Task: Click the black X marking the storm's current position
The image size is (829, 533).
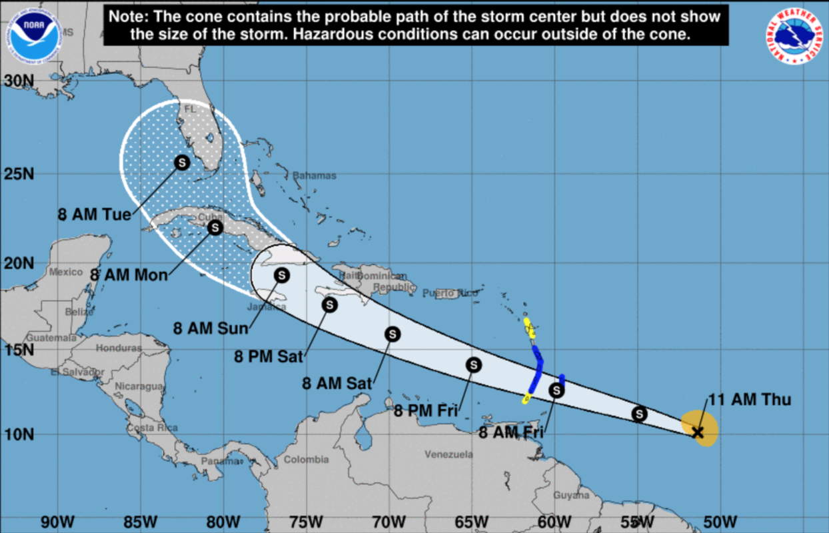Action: (x=698, y=432)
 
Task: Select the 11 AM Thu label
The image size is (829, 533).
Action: (x=748, y=400)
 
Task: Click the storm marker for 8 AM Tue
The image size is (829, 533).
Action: (x=182, y=162)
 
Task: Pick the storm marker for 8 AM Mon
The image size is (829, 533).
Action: (x=215, y=228)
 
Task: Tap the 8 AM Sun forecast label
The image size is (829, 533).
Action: (x=211, y=328)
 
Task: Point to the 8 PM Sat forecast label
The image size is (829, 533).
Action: (x=269, y=356)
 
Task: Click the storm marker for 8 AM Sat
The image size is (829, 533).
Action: (x=393, y=334)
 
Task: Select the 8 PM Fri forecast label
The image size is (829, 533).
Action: (x=425, y=411)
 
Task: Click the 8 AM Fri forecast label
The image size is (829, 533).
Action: (x=511, y=433)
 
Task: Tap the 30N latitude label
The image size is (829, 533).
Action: (x=19, y=81)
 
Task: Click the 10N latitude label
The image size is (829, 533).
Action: (x=19, y=434)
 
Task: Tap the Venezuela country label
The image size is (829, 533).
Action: (x=448, y=454)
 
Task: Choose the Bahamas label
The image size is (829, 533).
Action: (x=314, y=176)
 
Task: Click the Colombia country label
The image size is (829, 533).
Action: (x=306, y=460)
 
